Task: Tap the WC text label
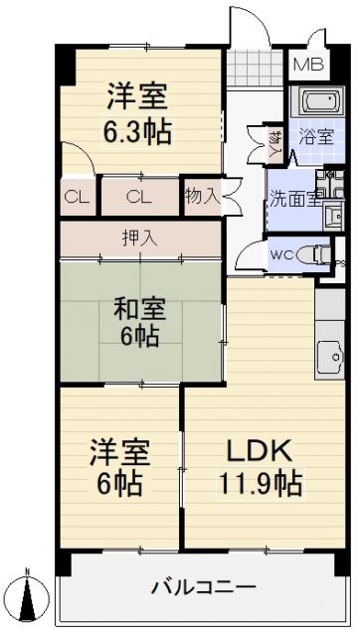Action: point(282,254)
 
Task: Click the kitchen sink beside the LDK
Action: point(328,352)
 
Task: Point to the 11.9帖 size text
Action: point(260,484)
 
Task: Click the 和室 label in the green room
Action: point(140,306)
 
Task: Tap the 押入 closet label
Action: point(140,238)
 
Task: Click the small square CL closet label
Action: point(76,196)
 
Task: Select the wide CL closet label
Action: point(138,196)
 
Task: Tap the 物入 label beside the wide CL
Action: point(202,196)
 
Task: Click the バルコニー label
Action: point(204,586)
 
